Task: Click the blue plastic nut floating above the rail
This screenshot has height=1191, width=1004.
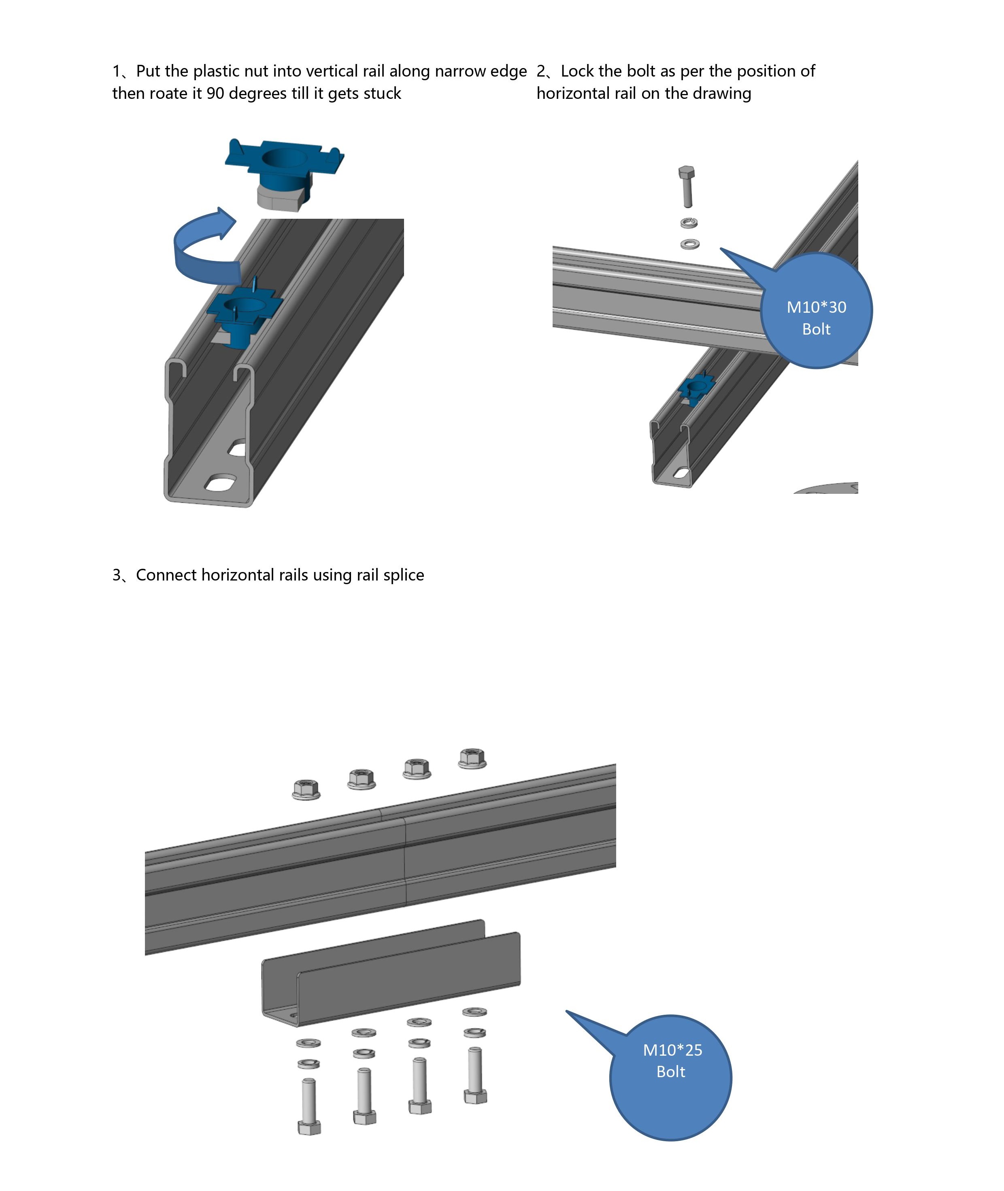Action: coord(284,171)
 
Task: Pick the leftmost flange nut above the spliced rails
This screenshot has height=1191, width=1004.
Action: coord(306,790)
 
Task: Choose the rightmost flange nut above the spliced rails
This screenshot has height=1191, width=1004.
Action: coord(472,758)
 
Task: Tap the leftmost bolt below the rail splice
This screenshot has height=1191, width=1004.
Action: coord(309,1106)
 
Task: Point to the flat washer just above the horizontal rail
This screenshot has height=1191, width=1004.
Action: coord(690,244)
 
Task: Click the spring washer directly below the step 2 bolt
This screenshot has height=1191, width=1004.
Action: coord(689,223)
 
